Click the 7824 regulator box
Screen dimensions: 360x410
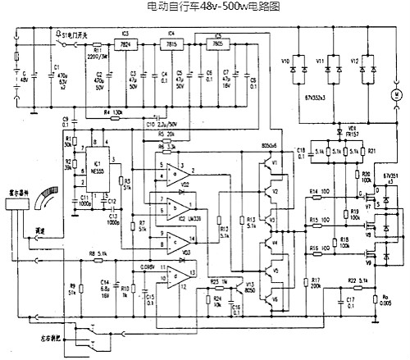pyautogui.click(x=125, y=44)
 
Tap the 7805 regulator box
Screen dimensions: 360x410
pyautogui.click(x=219, y=45)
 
